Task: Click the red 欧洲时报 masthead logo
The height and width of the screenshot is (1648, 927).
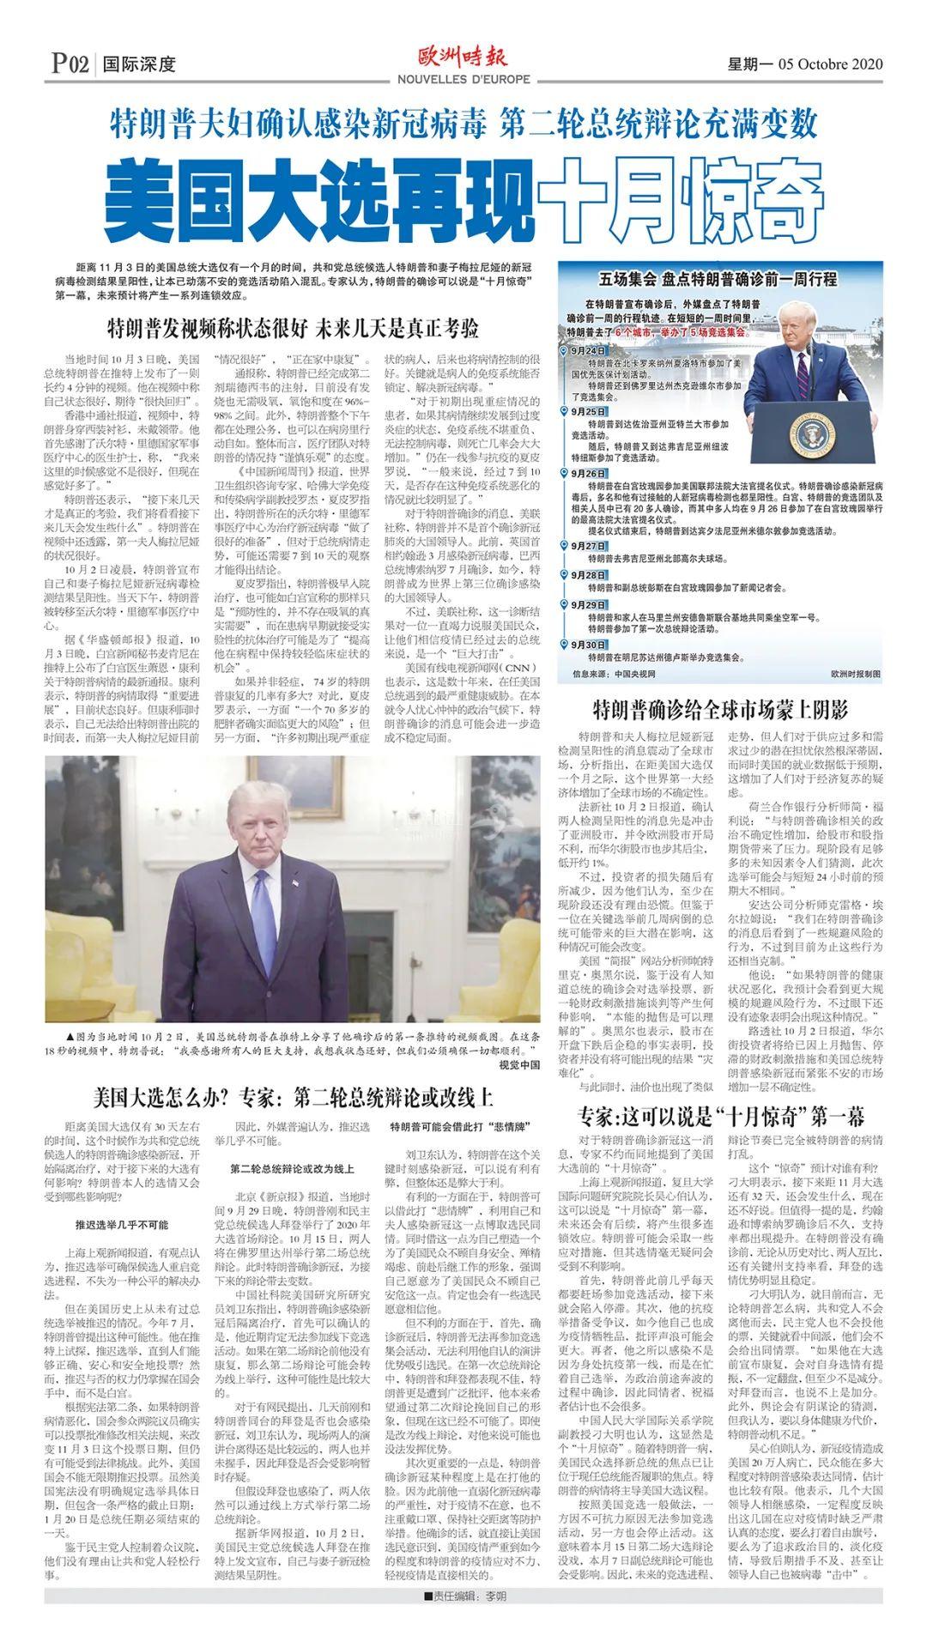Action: pyautogui.click(x=463, y=57)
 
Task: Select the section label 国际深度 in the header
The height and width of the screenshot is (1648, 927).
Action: pyautogui.click(x=138, y=64)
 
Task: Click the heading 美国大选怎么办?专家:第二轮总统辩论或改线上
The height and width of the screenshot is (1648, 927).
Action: pyautogui.click(x=293, y=1097)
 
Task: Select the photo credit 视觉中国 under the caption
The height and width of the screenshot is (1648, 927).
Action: pyautogui.click(x=519, y=1064)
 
